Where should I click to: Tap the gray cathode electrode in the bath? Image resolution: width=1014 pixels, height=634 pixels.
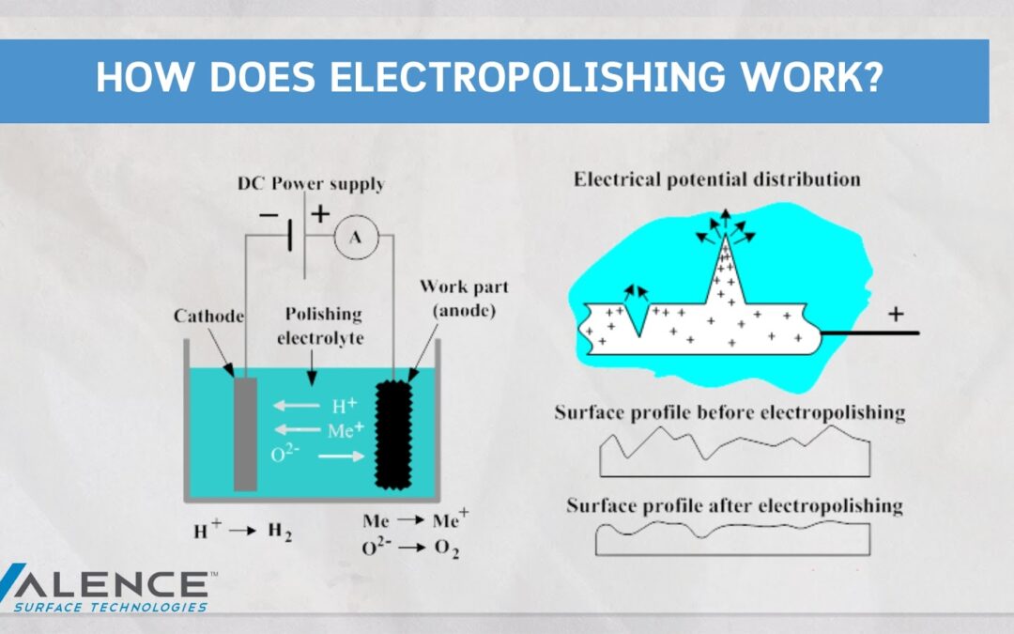(x=245, y=434)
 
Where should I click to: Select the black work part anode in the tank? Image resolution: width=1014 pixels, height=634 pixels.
(x=393, y=434)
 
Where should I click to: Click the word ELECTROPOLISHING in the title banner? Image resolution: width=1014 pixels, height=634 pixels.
(x=528, y=77)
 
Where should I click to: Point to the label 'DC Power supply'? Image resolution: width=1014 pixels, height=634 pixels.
(x=311, y=184)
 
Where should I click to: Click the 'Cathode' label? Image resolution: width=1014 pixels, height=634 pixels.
(x=208, y=316)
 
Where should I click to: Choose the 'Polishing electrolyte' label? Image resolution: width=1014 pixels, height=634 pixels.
(x=321, y=326)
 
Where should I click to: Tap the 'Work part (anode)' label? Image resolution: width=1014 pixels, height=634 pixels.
(x=465, y=299)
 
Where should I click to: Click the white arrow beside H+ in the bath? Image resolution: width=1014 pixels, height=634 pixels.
(x=296, y=406)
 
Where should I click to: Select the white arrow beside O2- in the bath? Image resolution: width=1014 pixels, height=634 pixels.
(x=342, y=456)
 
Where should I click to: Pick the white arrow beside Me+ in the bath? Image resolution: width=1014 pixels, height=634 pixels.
(x=298, y=429)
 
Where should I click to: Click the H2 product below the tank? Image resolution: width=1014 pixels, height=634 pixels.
(x=280, y=532)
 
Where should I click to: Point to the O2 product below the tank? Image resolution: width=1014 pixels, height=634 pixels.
(x=447, y=549)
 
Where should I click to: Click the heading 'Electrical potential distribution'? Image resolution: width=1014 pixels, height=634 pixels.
(x=717, y=179)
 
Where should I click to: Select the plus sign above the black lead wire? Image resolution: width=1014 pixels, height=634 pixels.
(x=896, y=315)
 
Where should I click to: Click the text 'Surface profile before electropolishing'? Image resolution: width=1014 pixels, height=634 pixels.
(x=730, y=412)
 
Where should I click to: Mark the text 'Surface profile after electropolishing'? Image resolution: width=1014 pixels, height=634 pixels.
(x=734, y=505)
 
